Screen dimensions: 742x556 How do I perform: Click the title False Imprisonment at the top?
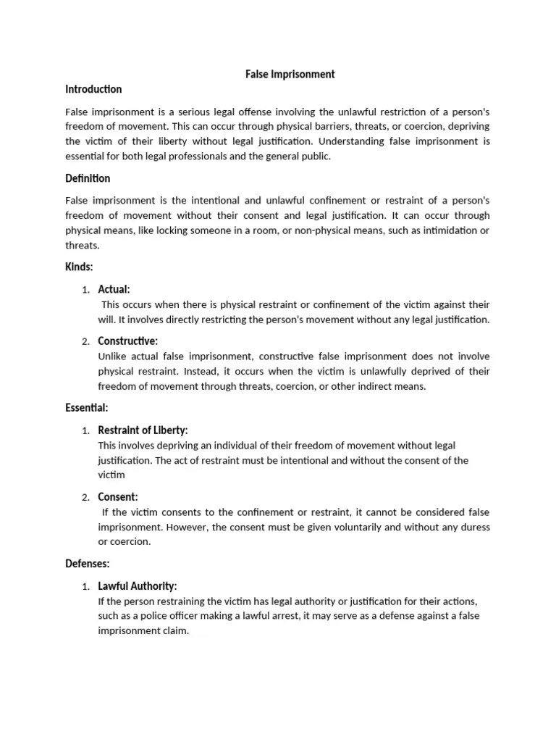click(288, 74)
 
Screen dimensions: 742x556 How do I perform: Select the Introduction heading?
click(93, 89)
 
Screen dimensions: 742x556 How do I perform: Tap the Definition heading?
click(88, 178)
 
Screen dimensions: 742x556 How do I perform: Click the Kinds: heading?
click(79, 267)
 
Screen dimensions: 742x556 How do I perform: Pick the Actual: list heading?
click(114, 289)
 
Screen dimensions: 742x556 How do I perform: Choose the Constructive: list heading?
click(128, 341)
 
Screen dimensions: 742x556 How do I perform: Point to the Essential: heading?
click(87, 408)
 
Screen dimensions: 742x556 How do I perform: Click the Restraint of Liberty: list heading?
click(143, 430)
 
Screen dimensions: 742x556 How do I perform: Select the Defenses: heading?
click(88, 563)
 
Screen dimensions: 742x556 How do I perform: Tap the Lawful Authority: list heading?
click(138, 585)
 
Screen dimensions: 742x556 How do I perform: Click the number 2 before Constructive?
click(85, 341)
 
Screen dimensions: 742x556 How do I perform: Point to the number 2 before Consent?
click(85, 497)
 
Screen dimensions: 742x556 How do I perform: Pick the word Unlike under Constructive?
click(113, 356)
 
